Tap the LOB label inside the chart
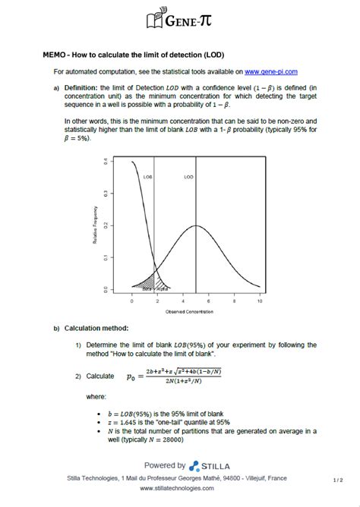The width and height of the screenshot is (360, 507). (147, 176)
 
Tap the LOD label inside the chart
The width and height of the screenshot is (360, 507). (188, 176)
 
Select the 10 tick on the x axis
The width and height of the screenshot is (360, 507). (260, 301)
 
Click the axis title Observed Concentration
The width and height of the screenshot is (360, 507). (190, 311)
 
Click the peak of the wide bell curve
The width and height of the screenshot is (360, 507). (196, 226)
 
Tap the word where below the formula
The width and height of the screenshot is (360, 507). (96, 396)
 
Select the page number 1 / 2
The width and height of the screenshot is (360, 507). (338, 480)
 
